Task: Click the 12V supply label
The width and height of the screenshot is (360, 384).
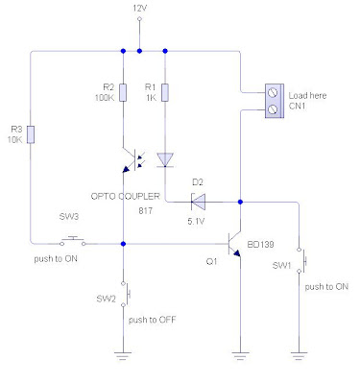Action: coord(141,8)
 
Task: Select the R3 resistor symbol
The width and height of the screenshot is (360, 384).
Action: coord(32,136)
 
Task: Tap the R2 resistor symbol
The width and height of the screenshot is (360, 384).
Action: coord(124,91)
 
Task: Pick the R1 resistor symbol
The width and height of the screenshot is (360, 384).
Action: coord(165,91)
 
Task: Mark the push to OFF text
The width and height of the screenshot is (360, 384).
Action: coord(153,319)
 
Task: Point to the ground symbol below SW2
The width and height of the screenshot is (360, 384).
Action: coord(124,355)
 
